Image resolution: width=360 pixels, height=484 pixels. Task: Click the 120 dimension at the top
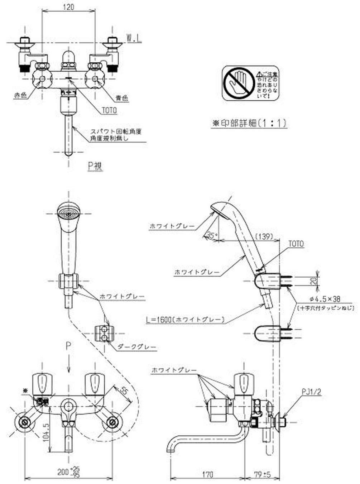coord(69,7)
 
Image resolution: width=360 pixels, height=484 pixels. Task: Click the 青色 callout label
coord(122,97)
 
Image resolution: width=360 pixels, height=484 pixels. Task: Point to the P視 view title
coord(95,166)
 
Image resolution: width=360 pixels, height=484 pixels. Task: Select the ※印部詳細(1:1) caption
coord(249,123)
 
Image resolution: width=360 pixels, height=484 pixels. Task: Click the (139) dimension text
coord(265,236)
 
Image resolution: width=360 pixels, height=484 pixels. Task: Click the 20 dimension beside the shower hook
coord(314,281)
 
